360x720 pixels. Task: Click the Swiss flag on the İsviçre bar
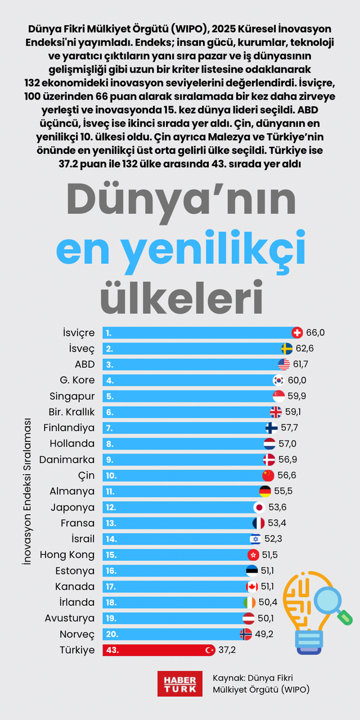pyautogui.click(x=298, y=332)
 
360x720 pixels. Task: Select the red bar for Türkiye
pyautogui.click(x=157, y=650)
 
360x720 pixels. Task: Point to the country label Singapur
pyautogui.click(x=72, y=396)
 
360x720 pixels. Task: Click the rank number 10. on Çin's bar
pyautogui.click(x=111, y=475)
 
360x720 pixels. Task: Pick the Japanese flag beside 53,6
pyautogui.click(x=259, y=507)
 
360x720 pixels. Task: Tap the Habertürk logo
pyautogui.click(x=179, y=683)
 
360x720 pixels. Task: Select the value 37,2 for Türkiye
pyautogui.click(x=227, y=650)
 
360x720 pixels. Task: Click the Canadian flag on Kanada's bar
pyautogui.click(x=252, y=587)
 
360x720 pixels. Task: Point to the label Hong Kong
pyautogui.click(x=67, y=555)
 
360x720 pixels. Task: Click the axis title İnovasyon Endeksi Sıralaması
pyautogui.click(x=27, y=491)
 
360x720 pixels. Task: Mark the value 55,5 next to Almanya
pyautogui.click(x=283, y=491)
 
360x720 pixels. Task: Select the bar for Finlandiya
pyautogui.click(x=186, y=428)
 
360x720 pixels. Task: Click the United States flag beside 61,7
pyautogui.click(x=284, y=364)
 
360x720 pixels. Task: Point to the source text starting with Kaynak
pyautogui.click(x=261, y=683)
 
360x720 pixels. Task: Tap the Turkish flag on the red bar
pyautogui.click(x=209, y=650)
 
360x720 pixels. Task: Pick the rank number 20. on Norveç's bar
pyautogui.click(x=111, y=634)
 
